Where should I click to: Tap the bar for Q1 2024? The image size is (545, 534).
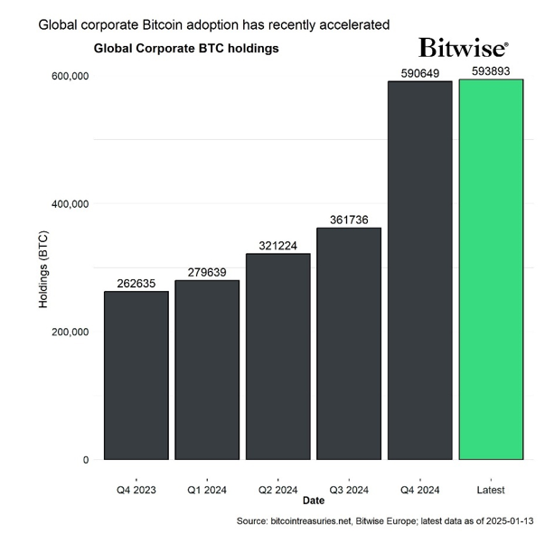[x=207, y=370]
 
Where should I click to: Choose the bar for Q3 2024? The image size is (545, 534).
[x=349, y=343]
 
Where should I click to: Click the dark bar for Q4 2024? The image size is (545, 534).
[x=419, y=270]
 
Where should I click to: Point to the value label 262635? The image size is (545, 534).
[x=136, y=284]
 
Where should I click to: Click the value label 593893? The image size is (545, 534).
[x=491, y=71]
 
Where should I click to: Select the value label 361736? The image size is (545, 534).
[x=349, y=220]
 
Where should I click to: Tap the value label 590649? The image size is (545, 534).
[x=419, y=73]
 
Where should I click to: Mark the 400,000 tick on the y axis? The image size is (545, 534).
[x=68, y=203]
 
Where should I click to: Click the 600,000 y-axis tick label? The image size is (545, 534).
[x=68, y=76]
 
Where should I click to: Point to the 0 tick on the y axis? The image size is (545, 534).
[x=86, y=459]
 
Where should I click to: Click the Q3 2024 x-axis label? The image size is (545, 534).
[x=349, y=489]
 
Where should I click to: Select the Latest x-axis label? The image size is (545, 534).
[x=491, y=489]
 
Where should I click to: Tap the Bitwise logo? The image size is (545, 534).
[x=463, y=47]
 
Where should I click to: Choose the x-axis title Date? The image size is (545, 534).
[x=314, y=500]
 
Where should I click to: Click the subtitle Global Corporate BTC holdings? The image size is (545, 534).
[x=186, y=48]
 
